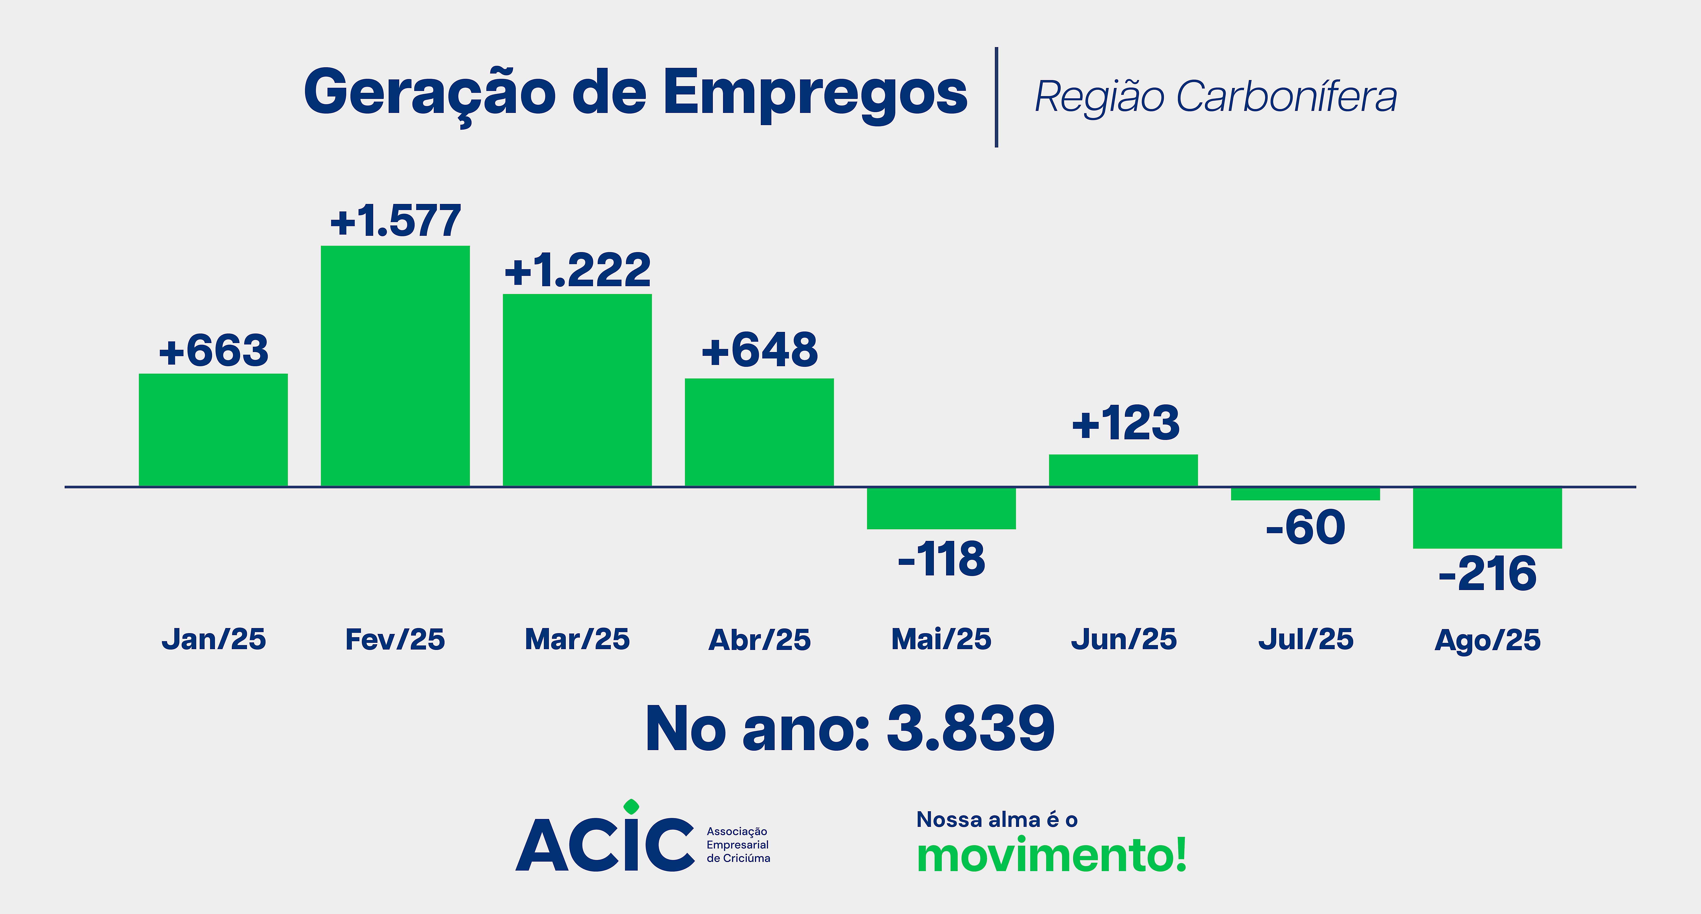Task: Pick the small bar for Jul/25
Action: (1305, 494)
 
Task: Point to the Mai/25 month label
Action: (941, 639)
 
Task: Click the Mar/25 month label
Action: (577, 639)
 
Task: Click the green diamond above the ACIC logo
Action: (631, 806)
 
